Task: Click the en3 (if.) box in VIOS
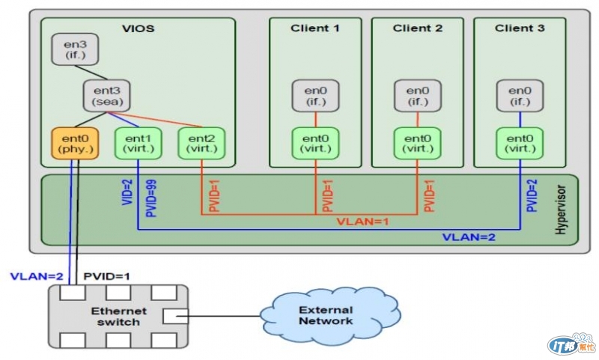[x=70, y=49]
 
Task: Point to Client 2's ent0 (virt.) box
[x=417, y=142]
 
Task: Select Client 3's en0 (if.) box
[x=520, y=96]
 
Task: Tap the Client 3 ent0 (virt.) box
[x=520, y=142]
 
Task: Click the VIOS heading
[x=138, y=28]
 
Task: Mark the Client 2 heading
[x=417, y=28]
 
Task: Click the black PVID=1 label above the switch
[x=106, y=276]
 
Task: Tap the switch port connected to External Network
[x=171, y=316]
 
